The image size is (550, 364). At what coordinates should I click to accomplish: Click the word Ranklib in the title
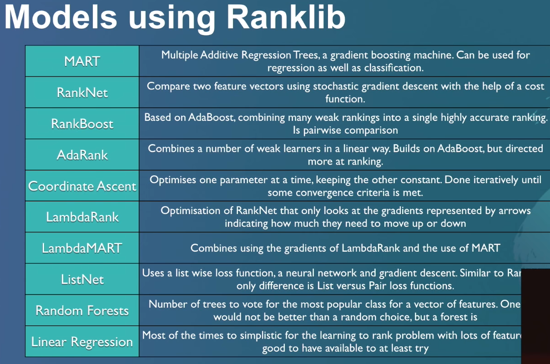pos(286,18)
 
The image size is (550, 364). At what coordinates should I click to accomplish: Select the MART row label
pos(82,61)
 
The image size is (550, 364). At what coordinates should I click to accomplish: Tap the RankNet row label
pos(82,93)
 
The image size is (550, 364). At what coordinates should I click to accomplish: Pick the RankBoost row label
pos(82,124)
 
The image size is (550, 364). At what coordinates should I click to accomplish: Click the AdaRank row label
pos(82,155)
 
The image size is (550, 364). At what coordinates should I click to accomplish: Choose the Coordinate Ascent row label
pos(82,186)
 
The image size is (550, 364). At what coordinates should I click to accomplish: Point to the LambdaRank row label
pos(82,217)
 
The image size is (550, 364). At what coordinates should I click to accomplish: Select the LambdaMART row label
pos(82,248)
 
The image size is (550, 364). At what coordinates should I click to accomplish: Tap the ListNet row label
pos(82,279)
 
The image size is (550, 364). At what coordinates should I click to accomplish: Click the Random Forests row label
pos(82,310)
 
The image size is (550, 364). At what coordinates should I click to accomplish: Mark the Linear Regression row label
pos(82,342)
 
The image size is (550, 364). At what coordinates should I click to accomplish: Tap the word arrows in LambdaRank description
pos(514,211)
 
